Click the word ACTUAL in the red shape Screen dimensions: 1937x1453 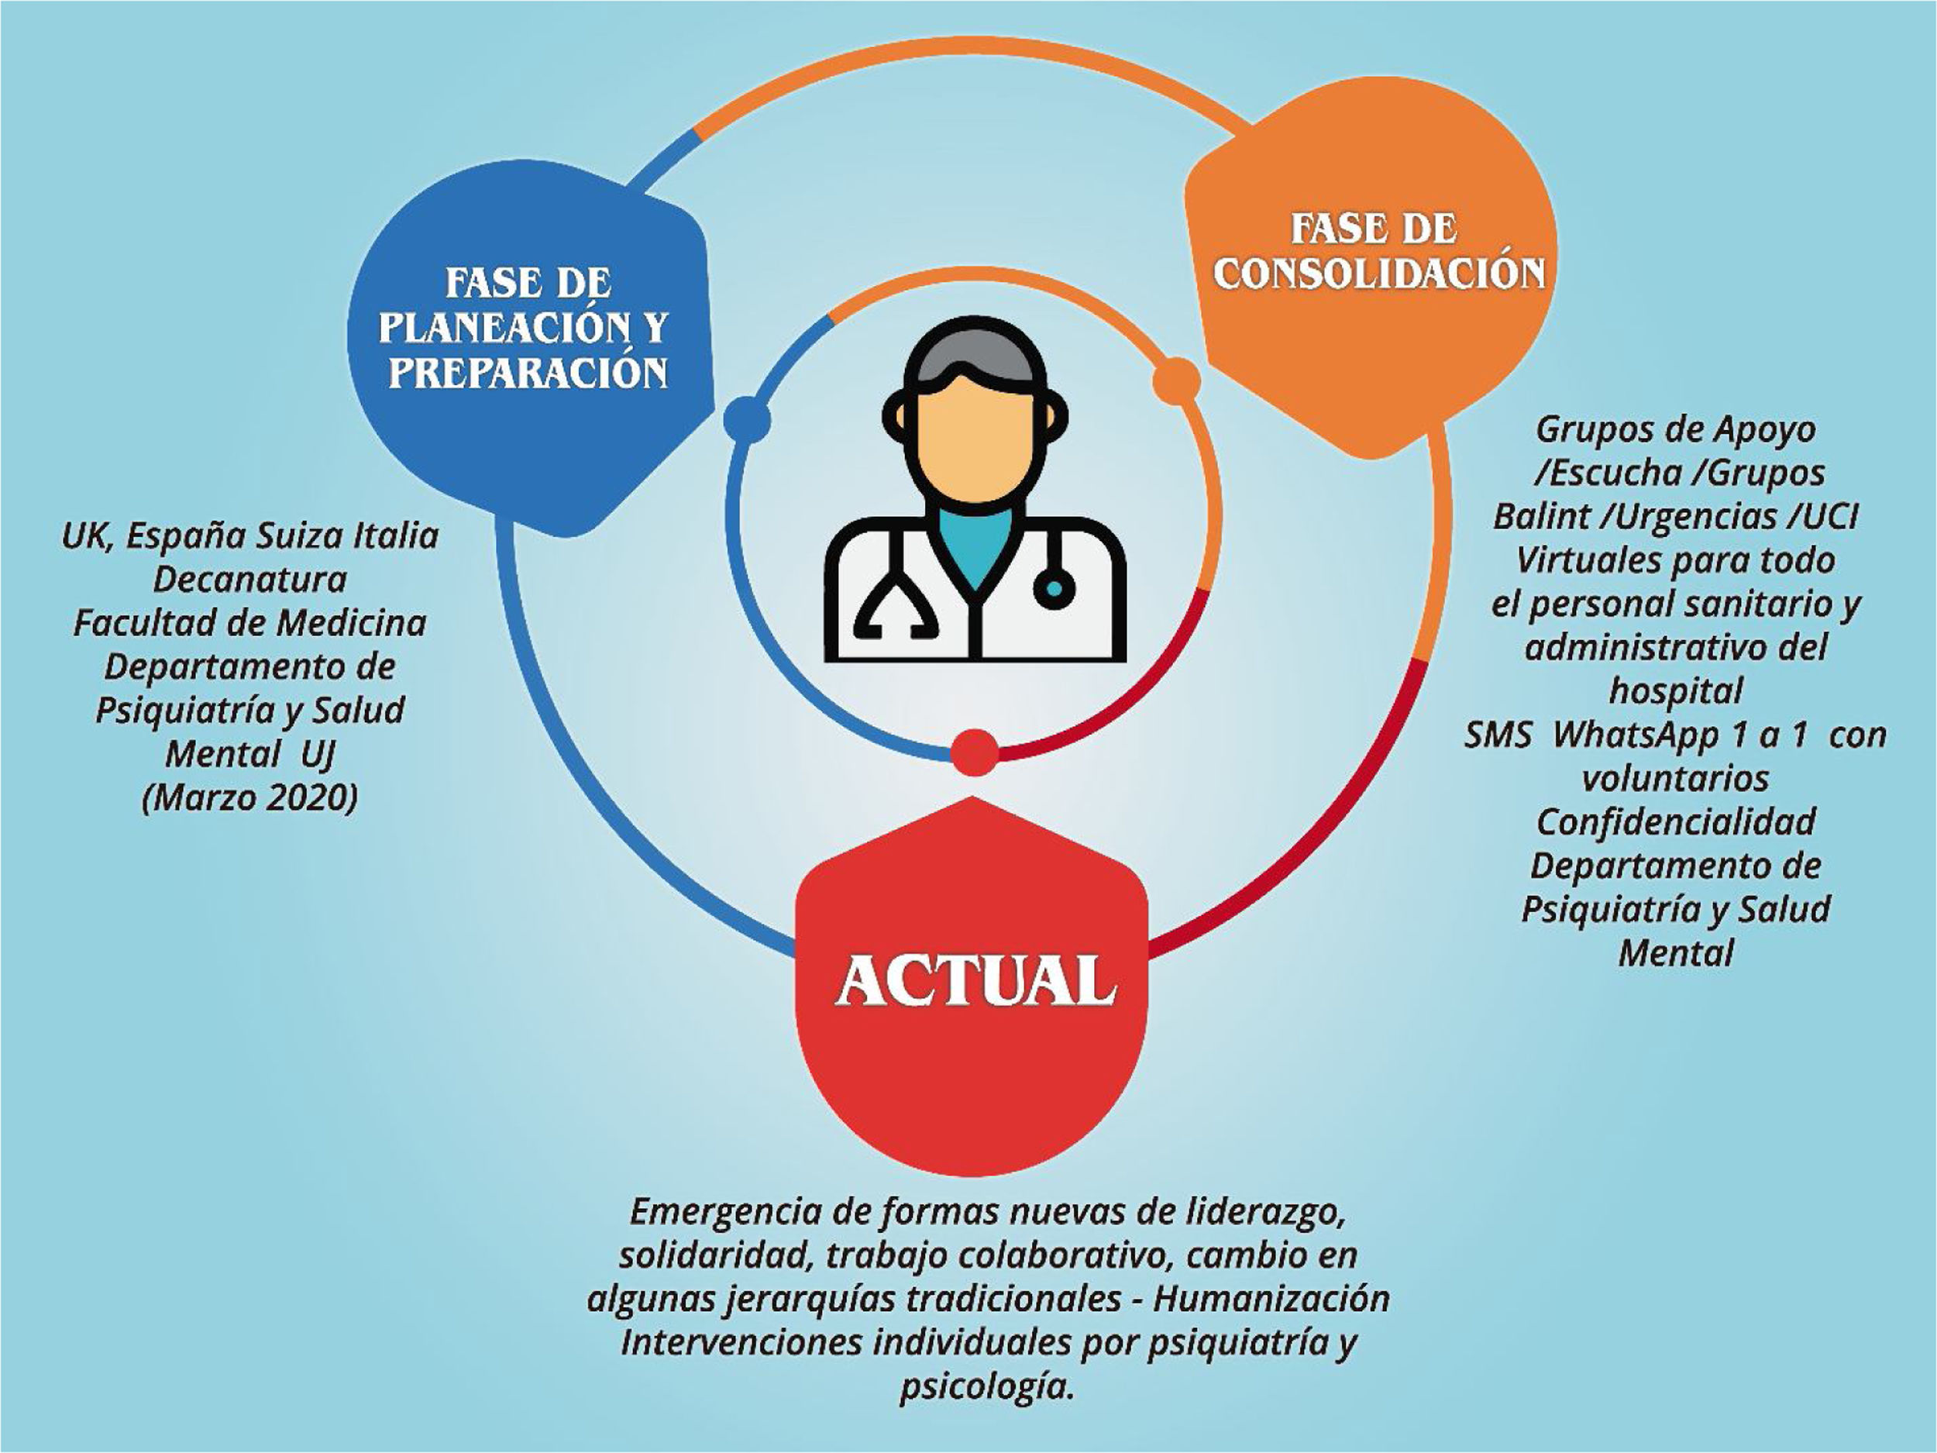[975, 980]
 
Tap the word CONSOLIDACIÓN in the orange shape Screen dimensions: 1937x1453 [1378, 274]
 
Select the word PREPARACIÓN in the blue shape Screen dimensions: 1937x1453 [528, 371]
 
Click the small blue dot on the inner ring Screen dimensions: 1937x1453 [747, 419]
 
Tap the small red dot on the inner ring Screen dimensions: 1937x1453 [974, 752]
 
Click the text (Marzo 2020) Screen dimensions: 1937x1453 [250, 798]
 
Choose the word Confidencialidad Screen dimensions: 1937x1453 [1676, 821]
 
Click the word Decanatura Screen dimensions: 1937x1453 [250, 579]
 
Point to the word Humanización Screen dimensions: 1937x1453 [1271, 1298]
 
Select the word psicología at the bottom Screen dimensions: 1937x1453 [986, 1386]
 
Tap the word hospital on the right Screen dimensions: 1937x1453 [1676, 691]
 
